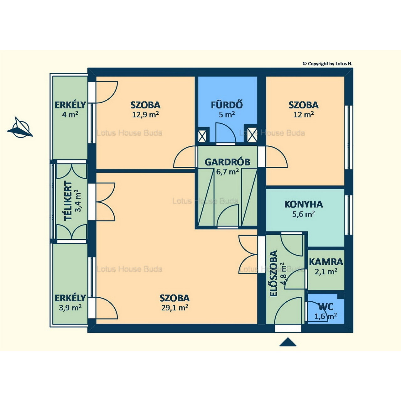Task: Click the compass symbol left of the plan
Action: point(20,128)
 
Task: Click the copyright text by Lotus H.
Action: point(327,64)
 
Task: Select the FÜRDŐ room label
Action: point(227,105)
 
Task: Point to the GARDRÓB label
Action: point(227,162)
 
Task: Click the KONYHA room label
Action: point(304,204)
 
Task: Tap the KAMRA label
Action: point(326,262)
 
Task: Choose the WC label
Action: point(326,306)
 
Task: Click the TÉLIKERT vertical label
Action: point(68,201)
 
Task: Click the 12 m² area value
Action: point(304,114)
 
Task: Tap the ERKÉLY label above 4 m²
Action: point(70,105)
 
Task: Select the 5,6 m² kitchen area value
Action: point(304,214)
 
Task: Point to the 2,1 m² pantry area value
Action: point(326,272)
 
